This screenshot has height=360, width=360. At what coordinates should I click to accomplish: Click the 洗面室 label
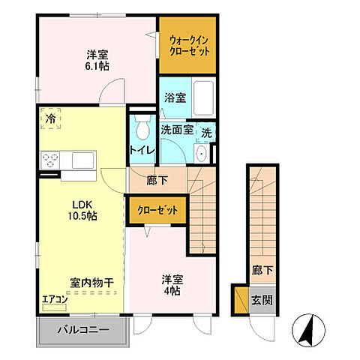click(x=178, y=129)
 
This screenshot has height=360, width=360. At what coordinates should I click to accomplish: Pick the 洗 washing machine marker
click(x=208, y=128)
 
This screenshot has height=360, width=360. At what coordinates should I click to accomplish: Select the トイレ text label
click(x=142, y=150)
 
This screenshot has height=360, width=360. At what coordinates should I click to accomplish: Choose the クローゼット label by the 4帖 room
click(x=157, y=210)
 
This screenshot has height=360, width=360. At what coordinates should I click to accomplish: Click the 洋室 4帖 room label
click(x=172, y=285)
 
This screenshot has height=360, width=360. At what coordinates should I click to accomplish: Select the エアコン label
click(x=55, y=300)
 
